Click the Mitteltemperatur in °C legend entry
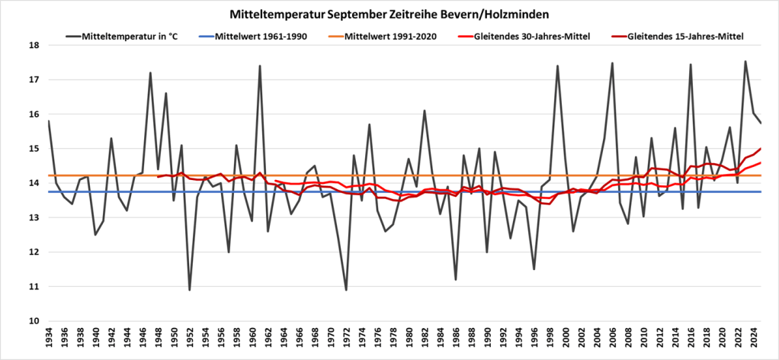130,36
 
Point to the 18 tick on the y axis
34,45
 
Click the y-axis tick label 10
34,321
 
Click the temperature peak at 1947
150,73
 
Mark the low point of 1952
190,290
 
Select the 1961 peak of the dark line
260,66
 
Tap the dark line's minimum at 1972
346,290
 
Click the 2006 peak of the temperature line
612,63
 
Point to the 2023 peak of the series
745,62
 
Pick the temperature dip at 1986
456,280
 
